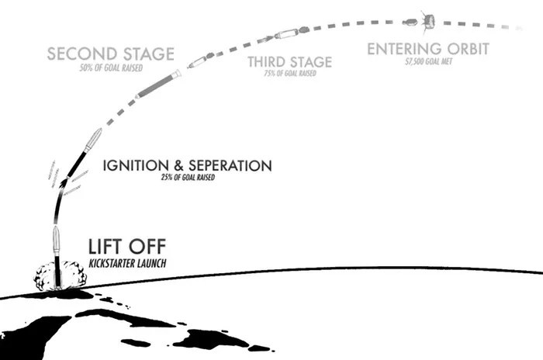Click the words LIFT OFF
pos(127,247)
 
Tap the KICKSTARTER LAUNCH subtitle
pos(127,263)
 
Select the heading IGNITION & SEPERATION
pos(188,165)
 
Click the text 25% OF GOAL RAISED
pos(188,178)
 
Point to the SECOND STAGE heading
pos(110,54)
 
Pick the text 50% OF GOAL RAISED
pos(111,68)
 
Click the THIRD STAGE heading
pos(290,62)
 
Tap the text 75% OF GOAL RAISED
pos(290,73)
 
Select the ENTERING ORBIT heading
pos(428,49)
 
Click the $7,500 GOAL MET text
pos(429,61)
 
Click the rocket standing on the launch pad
pos(57,257)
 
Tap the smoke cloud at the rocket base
pos(61,275)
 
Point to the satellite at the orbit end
pos(427,22)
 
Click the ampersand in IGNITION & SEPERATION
pos(178,165)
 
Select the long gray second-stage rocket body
pos(158,84)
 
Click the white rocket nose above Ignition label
pos(94,140)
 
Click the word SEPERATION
pos(230,165)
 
